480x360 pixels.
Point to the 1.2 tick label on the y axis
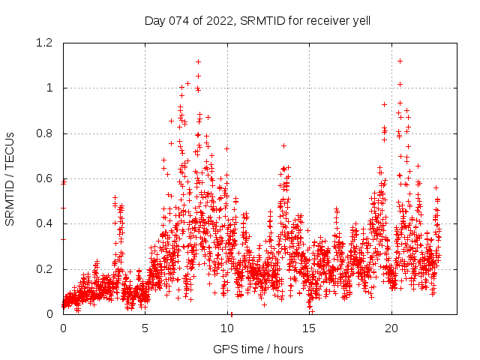45,43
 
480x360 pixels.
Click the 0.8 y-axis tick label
45,133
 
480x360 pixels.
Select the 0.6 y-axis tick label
45,178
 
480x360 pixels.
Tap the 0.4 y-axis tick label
45,223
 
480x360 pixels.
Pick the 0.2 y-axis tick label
45,269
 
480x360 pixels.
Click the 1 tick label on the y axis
50,88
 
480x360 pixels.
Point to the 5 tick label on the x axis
145,328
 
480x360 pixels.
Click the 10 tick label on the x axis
227,328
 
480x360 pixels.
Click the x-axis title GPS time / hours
258,349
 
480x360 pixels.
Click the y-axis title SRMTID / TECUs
10,178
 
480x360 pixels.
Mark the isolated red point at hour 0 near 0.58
64,182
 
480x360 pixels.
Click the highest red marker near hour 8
198,61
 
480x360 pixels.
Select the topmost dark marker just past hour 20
400,61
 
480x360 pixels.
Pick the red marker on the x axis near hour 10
231,313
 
